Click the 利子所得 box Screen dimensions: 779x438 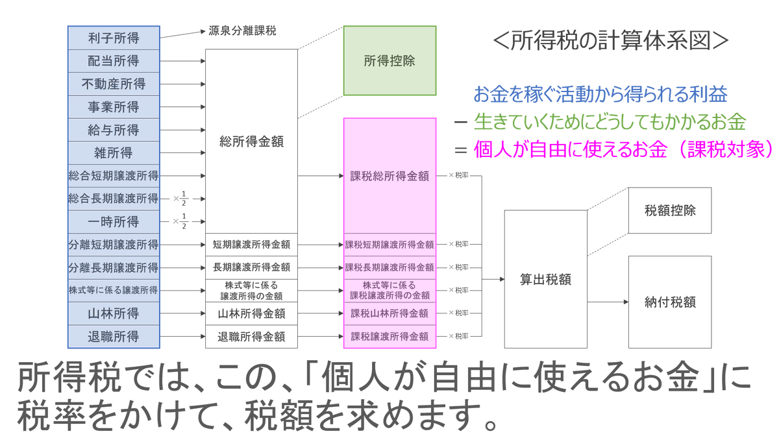114,38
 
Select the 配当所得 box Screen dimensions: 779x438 114,61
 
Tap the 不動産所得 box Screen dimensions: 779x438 114,84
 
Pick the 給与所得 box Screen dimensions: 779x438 114,130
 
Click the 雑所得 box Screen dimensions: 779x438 114,153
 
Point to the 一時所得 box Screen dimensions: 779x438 114,222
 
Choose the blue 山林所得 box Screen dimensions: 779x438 114,314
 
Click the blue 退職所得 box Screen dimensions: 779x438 114,337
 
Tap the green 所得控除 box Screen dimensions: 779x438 389,62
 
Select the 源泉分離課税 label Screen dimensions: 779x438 242,30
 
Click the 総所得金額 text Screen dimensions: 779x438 251,141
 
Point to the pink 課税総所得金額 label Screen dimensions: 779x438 389,176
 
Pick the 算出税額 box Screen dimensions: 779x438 545,279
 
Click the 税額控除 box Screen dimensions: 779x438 671,210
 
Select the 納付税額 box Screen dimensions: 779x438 671,302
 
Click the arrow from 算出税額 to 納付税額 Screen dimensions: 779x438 608,302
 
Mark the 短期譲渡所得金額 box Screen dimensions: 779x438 251,245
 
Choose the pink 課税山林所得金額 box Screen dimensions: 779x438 389,314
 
